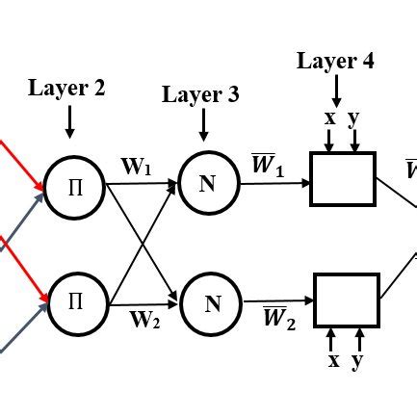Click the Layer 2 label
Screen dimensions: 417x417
pos(67,89)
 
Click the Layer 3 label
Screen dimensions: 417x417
pos(200,94)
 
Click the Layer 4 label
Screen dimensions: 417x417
pos(335,61)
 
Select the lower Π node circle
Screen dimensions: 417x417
pos(75,301)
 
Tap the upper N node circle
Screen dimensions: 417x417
pos(207,183)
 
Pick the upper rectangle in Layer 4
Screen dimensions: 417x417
pos(342,179)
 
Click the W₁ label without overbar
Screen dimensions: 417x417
pos(136,167)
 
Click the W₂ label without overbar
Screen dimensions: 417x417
pos(144,320)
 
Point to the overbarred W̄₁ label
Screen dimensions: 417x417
pos(267,166)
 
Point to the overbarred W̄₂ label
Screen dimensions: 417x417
pos(278,319)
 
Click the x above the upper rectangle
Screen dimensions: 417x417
pos(330,117)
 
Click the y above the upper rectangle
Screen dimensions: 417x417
pos(353,118)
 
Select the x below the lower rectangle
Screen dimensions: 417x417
pos(333,360)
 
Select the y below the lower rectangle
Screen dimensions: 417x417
pos(357,361)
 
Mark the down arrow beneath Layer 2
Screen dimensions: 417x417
pos(69,120)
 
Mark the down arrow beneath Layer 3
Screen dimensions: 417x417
pos(202,125)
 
